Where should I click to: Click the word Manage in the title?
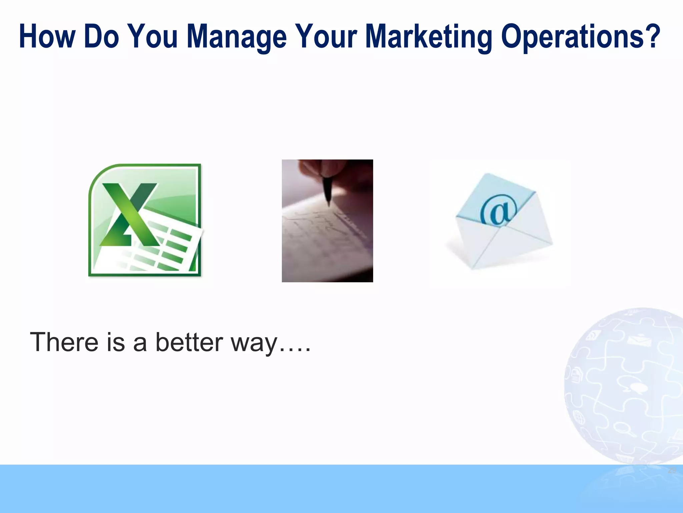pyautogui.click(x=236, y=37)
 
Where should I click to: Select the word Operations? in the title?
pyautogui.click(x=580, y=37)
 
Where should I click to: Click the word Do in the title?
pyautogui.click(x=102, y=37)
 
